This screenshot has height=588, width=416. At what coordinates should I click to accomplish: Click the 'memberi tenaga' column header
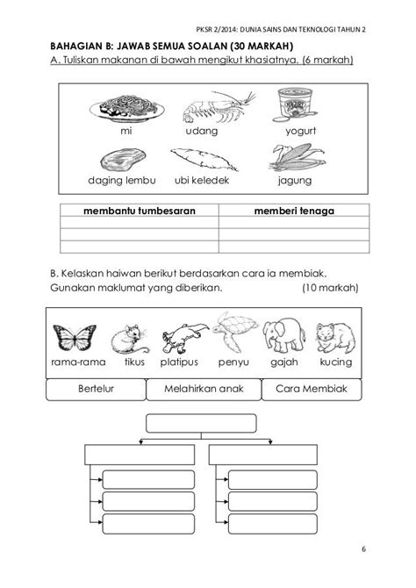296,211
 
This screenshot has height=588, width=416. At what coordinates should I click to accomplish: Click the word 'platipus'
181,361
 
